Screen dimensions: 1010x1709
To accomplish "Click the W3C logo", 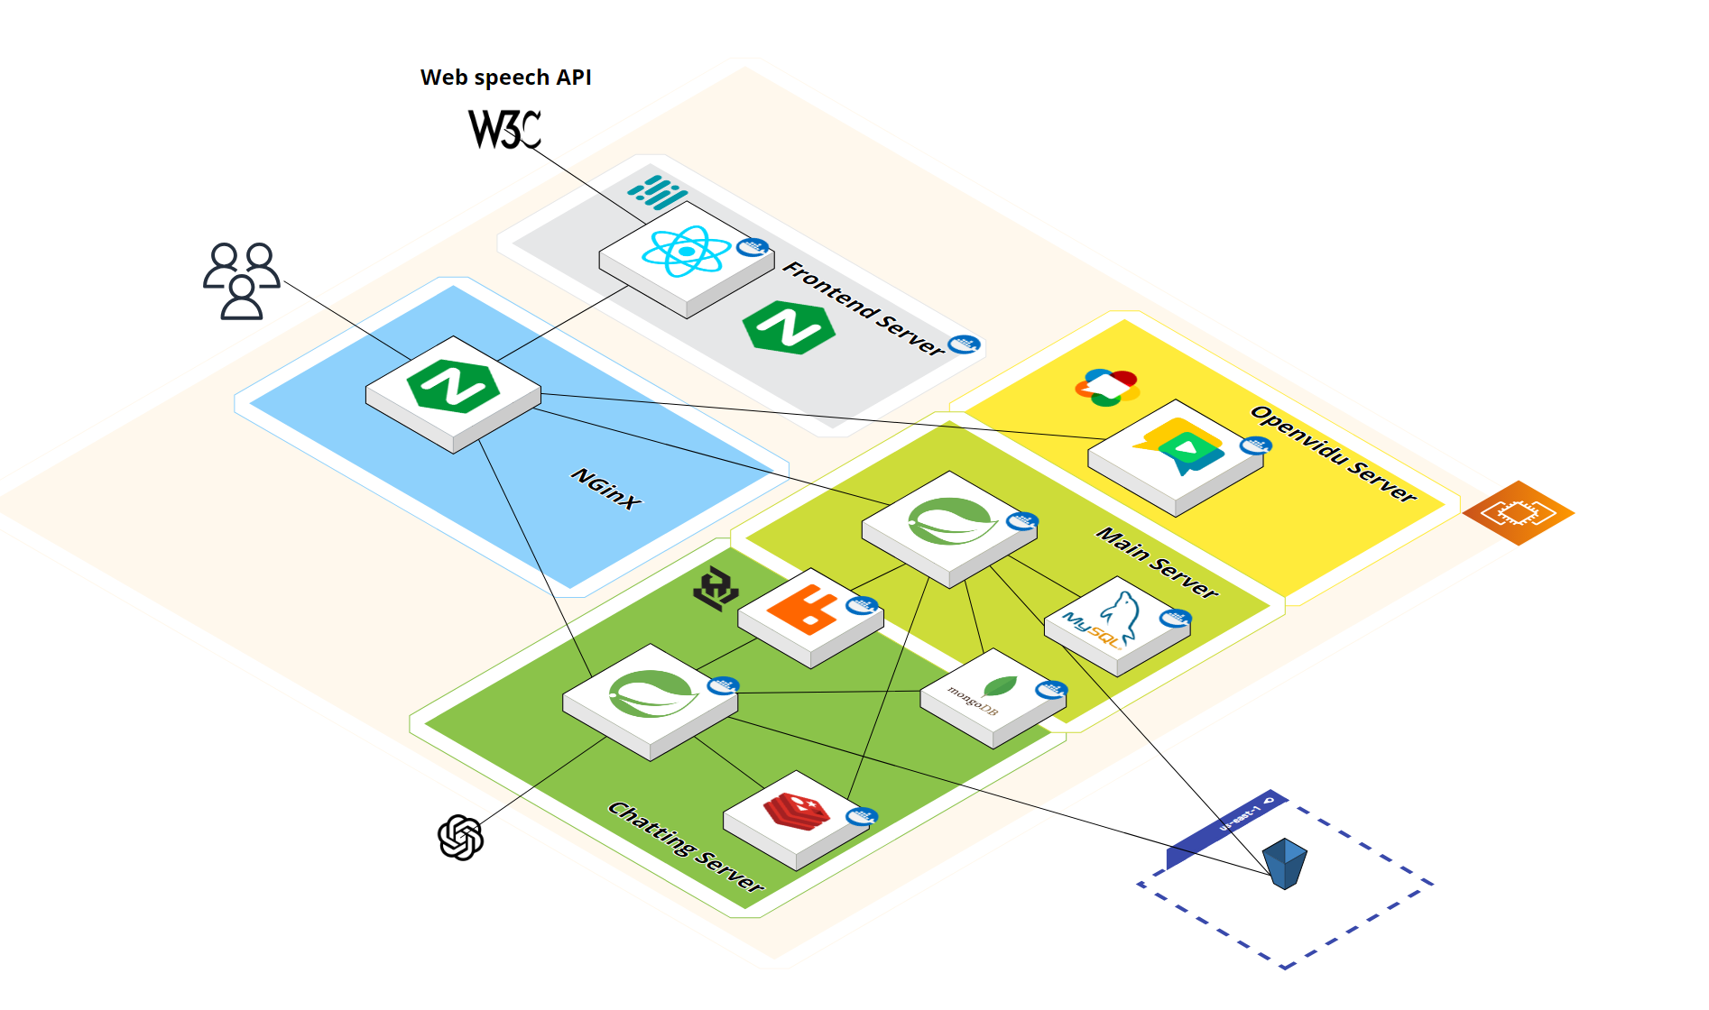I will [x=504, y=129].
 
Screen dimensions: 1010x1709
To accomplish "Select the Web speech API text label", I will [x=505, y=78].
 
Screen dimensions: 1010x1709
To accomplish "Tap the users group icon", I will [x=241, y=280].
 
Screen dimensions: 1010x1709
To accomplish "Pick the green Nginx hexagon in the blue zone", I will [x=453, y=386].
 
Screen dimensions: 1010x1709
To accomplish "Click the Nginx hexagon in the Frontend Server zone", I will [x=789, y=327].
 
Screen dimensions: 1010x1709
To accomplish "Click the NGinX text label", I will [x=606, y=488].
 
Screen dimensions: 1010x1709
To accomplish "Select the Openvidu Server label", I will [x=1333, y=453].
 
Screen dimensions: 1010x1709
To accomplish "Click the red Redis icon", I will [x=796, y=810].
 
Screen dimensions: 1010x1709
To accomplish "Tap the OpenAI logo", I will [x=460, y=838].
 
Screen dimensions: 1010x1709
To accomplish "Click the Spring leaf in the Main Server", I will [x=951, y=520].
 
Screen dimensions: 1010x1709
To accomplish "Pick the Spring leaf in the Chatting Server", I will [x=651, y=693].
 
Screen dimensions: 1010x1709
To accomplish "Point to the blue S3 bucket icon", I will [x=1285, y=863].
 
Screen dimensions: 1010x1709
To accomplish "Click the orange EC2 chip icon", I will [x=1518, y=513].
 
